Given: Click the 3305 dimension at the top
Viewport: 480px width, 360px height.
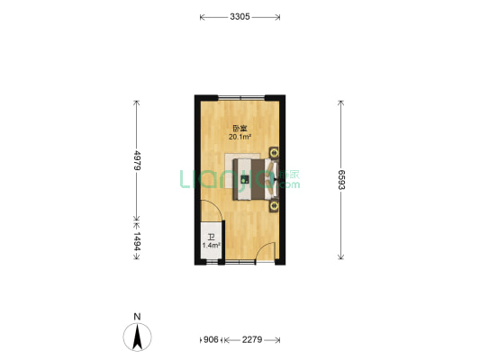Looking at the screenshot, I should click(240, 16).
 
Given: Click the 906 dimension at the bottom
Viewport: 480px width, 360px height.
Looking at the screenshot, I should click(209, 339).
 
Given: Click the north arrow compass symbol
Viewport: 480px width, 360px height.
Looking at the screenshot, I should click(136, 338).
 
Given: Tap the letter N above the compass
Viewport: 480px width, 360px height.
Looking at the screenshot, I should click(136, 316).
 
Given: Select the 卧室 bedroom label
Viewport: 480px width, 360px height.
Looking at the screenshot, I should click(240, 128).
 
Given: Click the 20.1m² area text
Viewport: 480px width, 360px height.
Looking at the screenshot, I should click(240, 138).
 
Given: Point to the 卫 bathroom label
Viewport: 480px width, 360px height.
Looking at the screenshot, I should click(209, 236).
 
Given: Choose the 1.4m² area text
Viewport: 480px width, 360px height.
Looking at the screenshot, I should click(210, 245).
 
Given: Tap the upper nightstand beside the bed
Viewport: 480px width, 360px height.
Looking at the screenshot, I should click(273, 152).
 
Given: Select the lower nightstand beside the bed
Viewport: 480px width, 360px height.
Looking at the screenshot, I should click(273, 206).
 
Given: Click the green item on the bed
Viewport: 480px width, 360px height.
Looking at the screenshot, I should click(245, 179).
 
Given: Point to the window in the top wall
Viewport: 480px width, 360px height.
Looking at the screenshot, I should click(240, 96).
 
